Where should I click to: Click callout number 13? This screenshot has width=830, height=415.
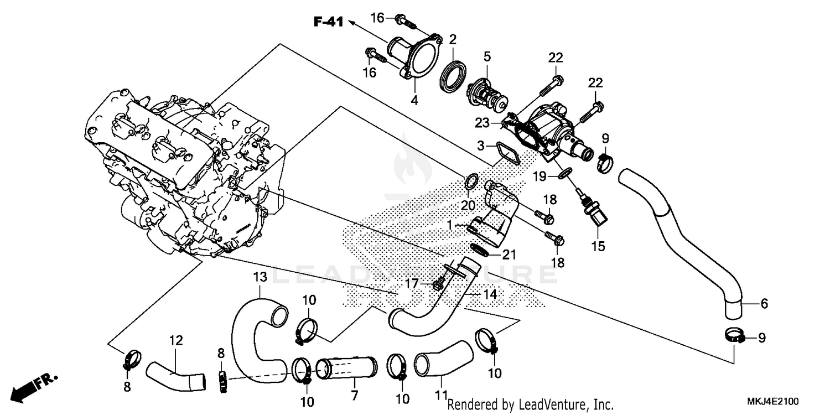tap(260, 276)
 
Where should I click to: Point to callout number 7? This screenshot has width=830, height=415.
tap(354, 396)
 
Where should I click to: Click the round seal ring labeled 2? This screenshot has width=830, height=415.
tap(453, 74)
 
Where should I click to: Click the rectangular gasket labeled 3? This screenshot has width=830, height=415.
tap(508, 153)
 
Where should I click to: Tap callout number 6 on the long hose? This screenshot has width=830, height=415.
tap(764, 303)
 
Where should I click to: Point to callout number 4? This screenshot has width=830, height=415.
tap(414, 101)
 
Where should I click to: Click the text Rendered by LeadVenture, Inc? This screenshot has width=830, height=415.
tap(530, 404)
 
